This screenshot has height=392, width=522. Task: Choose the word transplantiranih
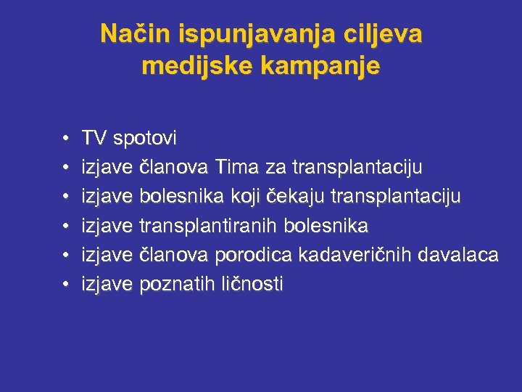[x=207, y=226]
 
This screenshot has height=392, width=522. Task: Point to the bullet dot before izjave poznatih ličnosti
[x=66, y=285]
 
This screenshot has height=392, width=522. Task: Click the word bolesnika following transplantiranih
[x=326, y=226]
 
